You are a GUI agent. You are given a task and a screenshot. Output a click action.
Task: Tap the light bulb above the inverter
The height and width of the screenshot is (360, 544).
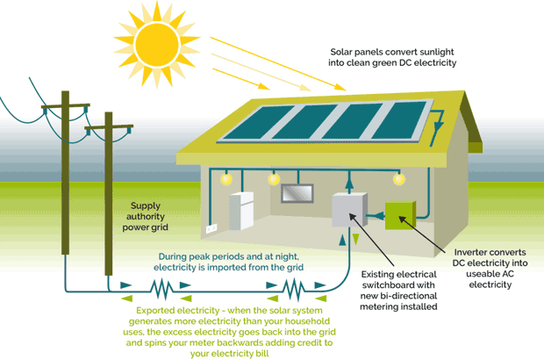400,177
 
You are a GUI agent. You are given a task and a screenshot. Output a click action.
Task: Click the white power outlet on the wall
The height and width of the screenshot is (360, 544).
211,229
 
